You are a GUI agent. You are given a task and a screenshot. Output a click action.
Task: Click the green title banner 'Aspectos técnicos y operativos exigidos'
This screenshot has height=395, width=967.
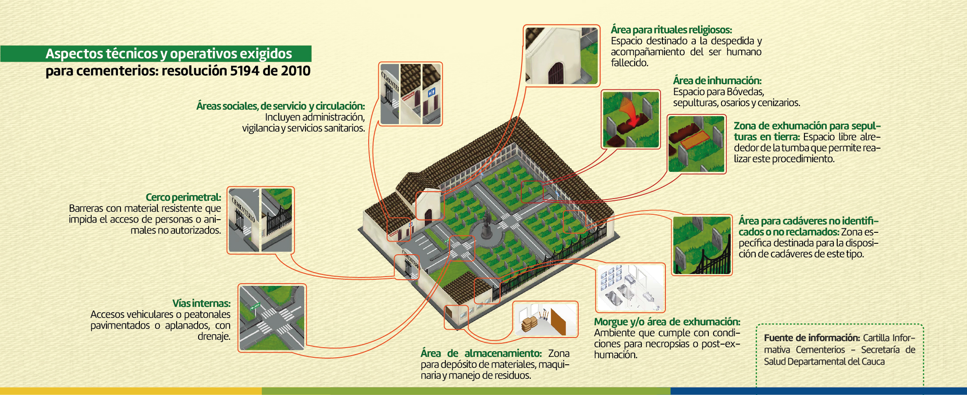(x=169, y=53)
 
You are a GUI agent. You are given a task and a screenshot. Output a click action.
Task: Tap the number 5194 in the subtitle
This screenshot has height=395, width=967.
(x=245, y=71)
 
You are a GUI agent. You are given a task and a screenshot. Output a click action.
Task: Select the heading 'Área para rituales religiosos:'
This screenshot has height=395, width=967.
(x=671, y=30)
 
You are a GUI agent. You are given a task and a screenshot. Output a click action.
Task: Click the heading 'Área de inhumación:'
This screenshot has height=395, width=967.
(x=717, y=81)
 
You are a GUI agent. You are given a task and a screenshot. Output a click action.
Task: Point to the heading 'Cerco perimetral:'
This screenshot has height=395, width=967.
(x=183, y=197)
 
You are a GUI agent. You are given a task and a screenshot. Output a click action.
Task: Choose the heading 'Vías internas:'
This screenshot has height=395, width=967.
(x=201, y=303)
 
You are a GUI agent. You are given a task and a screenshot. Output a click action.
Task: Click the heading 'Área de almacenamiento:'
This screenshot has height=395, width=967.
(x=481, y=353)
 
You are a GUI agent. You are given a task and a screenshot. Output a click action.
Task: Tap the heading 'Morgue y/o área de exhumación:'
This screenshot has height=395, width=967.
(x=667, y=322)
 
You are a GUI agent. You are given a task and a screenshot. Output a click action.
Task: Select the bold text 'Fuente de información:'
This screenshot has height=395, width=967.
(x=812, y=338)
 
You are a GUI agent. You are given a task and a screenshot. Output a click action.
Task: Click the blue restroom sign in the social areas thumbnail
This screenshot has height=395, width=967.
(x=432, y=92)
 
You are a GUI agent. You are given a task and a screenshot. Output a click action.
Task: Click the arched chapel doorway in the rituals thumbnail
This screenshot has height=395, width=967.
(x=556, y=73)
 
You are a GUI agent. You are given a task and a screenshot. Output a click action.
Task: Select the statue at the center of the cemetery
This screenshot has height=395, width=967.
(x=487, y=224)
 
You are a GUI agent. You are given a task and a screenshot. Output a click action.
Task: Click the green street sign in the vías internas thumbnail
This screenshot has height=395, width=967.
(x=254, y=306)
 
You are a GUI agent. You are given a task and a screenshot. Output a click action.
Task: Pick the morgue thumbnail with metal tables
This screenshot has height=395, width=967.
(x=630, y=287)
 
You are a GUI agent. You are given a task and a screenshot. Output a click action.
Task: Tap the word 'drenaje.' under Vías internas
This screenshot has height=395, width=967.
(x=213, y=336)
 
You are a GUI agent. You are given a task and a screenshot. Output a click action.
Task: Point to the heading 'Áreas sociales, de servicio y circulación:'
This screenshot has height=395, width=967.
(x=281, y=106)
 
